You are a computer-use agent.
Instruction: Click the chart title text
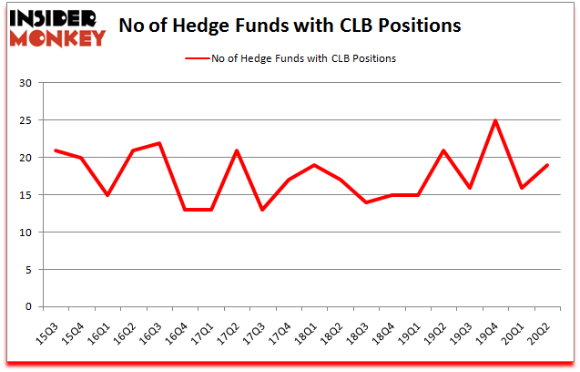pyautogui.click(x=290, y=26)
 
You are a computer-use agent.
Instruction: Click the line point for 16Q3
pyautogui.click(x=159, y=143)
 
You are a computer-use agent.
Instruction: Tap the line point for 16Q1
pyautogui.click(x=107, y=195)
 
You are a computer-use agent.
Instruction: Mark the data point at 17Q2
pyautogui.click(x=238, y=150)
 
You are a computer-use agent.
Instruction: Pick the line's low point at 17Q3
pyautogui.click(x=263, y=210)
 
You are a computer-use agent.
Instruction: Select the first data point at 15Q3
pyautogui.click(x=56, y=150)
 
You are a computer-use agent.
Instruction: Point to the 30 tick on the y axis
pyautogui.click(x=26, y=84)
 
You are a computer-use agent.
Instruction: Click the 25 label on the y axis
pyautogui.click(x=26, y=121)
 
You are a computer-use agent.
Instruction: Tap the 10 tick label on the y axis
pyautogui.click(x=26, y=232)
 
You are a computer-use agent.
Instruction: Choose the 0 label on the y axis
pyautogui.click(x=29, y=307)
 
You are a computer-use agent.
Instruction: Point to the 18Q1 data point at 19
pyautogui.click(x=315, y=165)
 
